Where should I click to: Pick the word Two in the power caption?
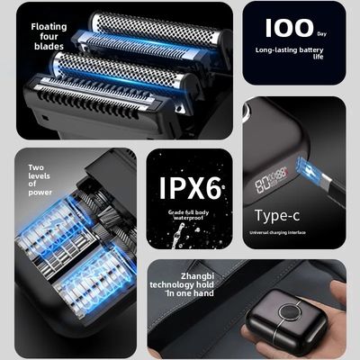coord(35,167)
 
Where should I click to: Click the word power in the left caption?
coord(40,192)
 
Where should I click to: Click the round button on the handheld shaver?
coord(289,316)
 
